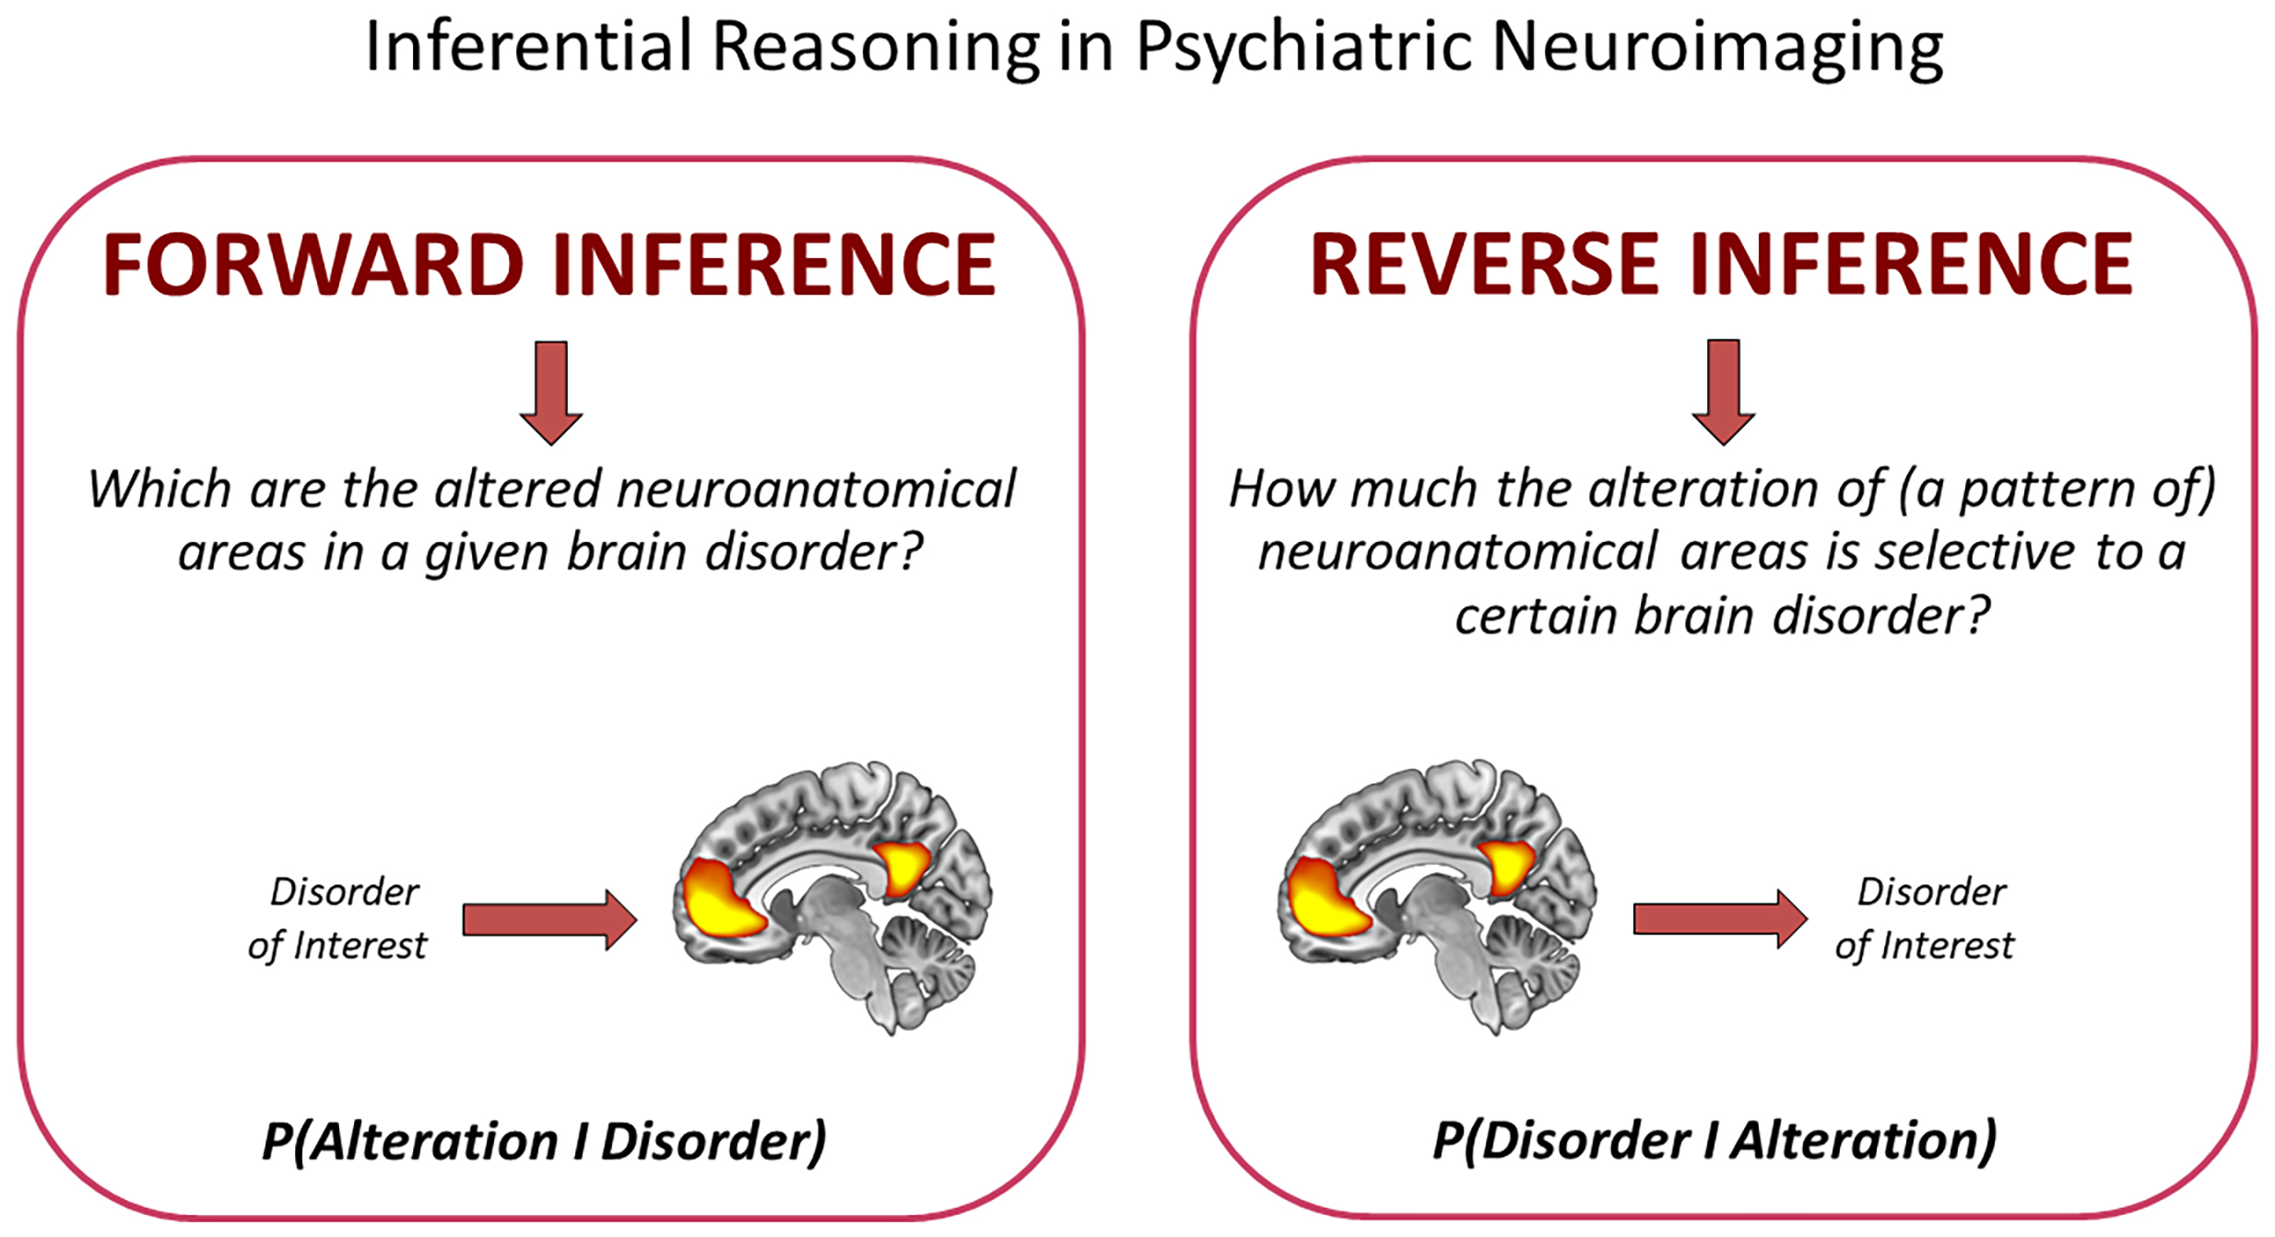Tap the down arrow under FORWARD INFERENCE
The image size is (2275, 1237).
[551, 392]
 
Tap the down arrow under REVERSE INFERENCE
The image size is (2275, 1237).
[1723, 391]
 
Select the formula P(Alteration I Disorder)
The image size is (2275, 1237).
[544, 1140]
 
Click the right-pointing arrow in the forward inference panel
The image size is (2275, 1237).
[549, 919]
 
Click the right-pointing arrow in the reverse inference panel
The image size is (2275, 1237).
[1720, 918]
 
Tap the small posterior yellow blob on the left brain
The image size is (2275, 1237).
[902, 867]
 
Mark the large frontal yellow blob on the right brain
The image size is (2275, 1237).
[1326, 899]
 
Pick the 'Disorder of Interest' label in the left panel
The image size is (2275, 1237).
[338, 918]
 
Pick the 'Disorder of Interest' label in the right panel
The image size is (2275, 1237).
[1926, 918]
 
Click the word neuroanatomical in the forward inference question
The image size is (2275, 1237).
[816, 489]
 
